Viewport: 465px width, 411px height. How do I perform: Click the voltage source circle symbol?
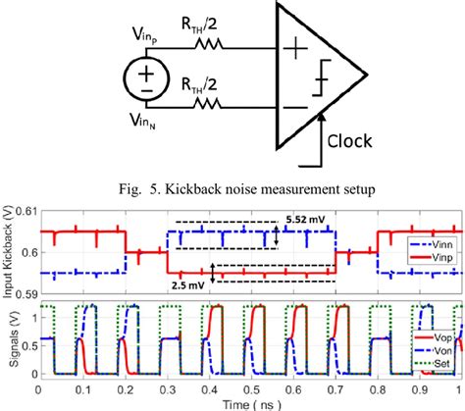(x=144, y=75)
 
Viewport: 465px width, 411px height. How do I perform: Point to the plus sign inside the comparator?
(x=297, y=45)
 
